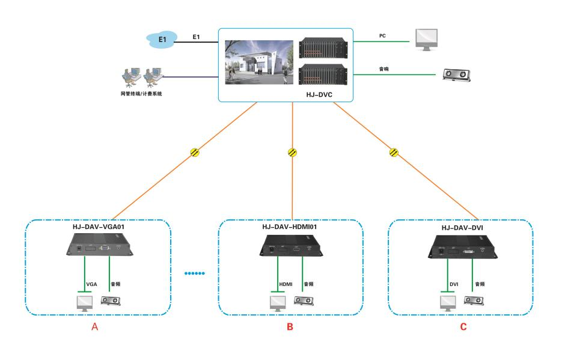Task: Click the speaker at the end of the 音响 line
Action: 457,74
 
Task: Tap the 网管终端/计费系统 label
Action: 141,94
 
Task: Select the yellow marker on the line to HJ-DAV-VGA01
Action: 195,153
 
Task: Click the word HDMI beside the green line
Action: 285,283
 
